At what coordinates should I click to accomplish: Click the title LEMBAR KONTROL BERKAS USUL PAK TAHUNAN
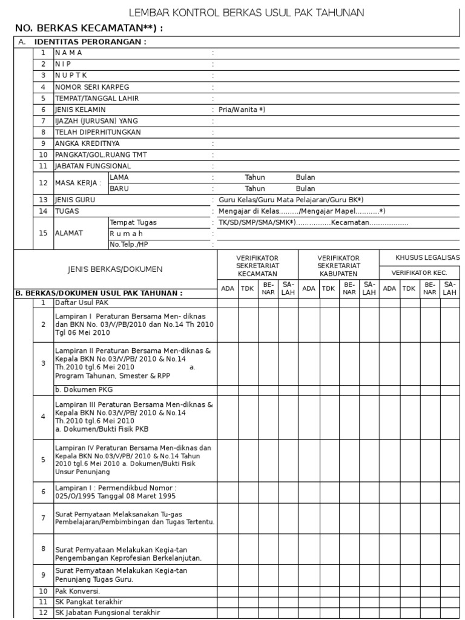pos(246,13)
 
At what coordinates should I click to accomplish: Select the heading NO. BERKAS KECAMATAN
pos(88,28)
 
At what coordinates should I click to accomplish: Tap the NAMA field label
pos(69,53)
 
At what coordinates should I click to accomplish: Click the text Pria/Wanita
pos(242,110)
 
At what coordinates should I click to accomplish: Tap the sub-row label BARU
pos(119,188)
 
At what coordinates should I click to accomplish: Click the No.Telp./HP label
pos(128,245)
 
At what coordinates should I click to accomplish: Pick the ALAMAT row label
pos(70,233)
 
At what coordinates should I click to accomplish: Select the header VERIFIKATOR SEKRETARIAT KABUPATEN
pos(338,266)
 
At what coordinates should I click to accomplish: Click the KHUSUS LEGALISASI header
pos(427,258)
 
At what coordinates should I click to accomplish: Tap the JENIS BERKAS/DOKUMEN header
pos(115,269)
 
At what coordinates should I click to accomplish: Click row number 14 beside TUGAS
pos(43,211)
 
